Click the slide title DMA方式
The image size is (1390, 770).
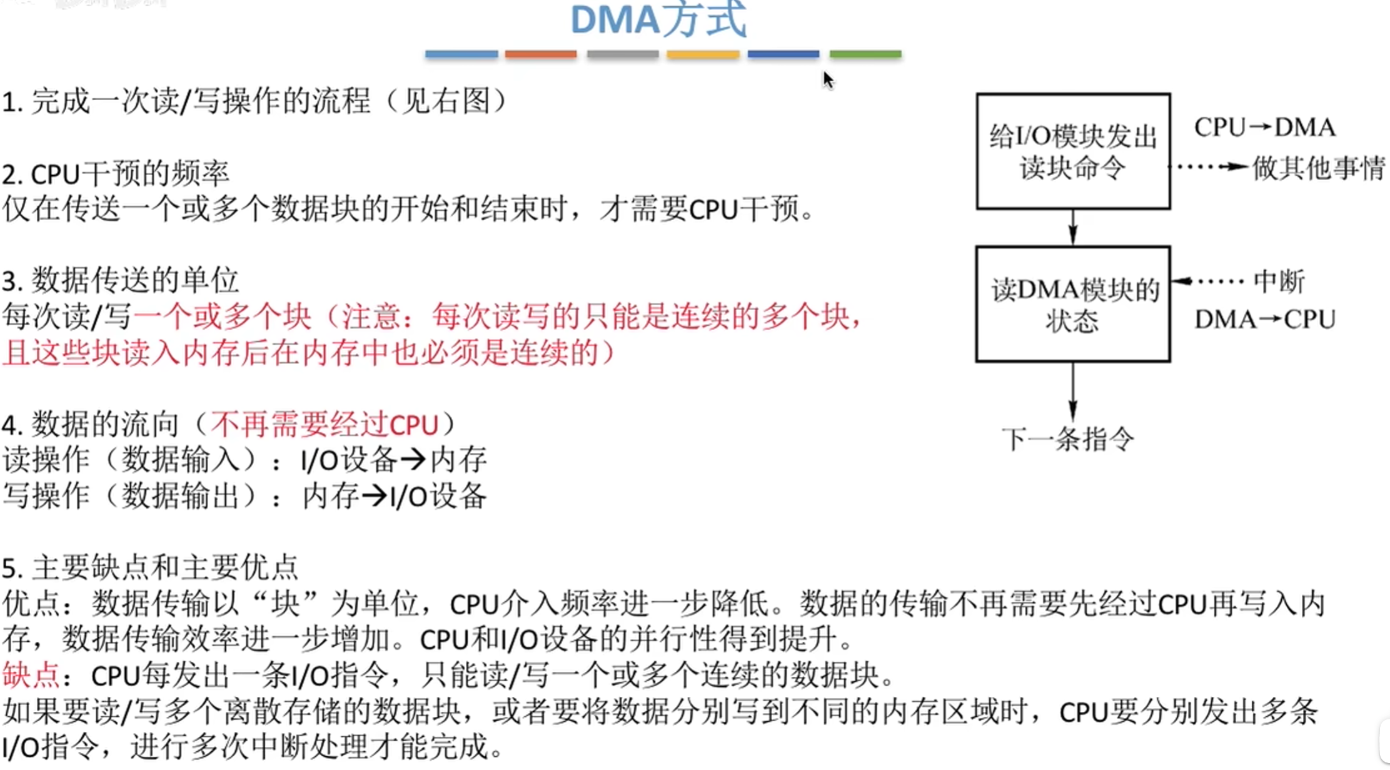658,20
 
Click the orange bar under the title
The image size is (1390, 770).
541,54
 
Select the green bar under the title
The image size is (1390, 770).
865,54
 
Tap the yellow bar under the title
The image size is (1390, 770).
703,54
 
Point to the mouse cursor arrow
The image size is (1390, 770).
828,79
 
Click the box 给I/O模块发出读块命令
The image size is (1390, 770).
1073,151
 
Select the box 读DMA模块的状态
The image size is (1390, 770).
1073,304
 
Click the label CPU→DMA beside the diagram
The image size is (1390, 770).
1264,128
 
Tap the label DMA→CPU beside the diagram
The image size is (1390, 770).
1264,320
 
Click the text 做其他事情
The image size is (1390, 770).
1318,168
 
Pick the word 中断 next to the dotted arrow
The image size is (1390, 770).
1279,281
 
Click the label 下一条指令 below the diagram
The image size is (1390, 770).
1068,439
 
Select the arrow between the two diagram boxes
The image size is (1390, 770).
1073,227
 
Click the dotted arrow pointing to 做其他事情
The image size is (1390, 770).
1211,167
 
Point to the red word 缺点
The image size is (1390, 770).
30,676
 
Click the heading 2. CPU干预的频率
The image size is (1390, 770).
116,175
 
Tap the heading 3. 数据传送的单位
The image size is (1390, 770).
120,281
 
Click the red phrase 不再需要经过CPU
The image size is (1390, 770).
324,425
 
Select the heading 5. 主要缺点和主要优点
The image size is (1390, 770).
150,568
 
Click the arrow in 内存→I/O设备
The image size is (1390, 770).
374,497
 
